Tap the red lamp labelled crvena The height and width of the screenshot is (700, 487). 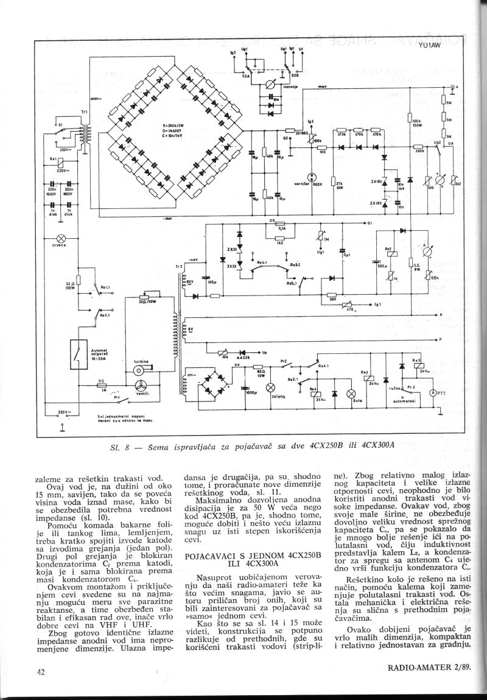pyautogui.click(x=61, y=237)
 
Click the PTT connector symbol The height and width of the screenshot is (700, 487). pyautogui.click(x=433, y=393)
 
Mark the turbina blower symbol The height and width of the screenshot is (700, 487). pyautogui.click(x=141, y=370)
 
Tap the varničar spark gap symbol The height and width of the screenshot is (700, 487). pyautogui.click(x=312, y=178)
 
